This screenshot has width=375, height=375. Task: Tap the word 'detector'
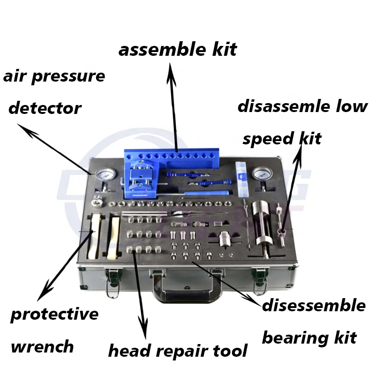pos(45,108)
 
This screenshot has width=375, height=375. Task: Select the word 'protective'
pos(54,314)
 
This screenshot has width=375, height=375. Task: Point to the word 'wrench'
pos(42,347)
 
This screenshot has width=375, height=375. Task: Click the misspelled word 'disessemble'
pos(314,306)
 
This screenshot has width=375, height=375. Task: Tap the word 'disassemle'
pos(291,106)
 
